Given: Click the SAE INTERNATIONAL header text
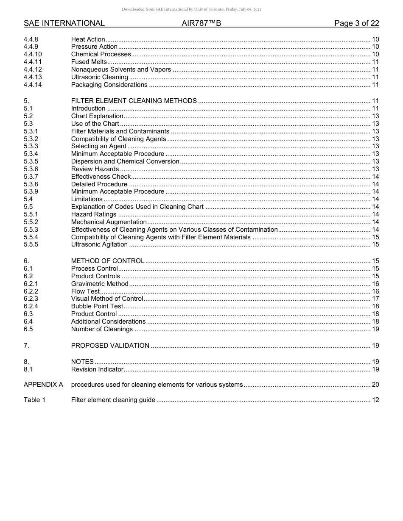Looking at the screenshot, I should coord(64,23).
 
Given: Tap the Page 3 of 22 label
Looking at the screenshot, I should coord(356,23).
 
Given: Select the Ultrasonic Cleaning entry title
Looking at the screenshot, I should coord(99,77).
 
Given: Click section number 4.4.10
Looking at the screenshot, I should coord(33,54).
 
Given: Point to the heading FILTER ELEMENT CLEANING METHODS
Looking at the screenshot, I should coord(134,101).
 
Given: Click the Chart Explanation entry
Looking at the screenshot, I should coord(97,116).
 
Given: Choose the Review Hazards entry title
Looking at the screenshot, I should coord(95,169).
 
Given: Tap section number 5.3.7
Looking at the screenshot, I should coord(31,177).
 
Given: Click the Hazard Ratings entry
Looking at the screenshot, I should coord(94,214).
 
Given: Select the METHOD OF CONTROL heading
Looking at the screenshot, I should coord(108,261).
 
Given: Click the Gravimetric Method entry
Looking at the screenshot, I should coord(100,284).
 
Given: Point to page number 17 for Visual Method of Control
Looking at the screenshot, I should coord(375,299).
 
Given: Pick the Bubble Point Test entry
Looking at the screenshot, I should coord(97,306).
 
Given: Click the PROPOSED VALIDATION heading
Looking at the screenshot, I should coord(110,346).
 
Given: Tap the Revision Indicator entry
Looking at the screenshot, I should coord(97,369).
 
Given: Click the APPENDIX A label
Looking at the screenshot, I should coord(43,385).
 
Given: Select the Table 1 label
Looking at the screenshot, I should coord(34,400).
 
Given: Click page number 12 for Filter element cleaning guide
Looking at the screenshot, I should coord(375,400).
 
